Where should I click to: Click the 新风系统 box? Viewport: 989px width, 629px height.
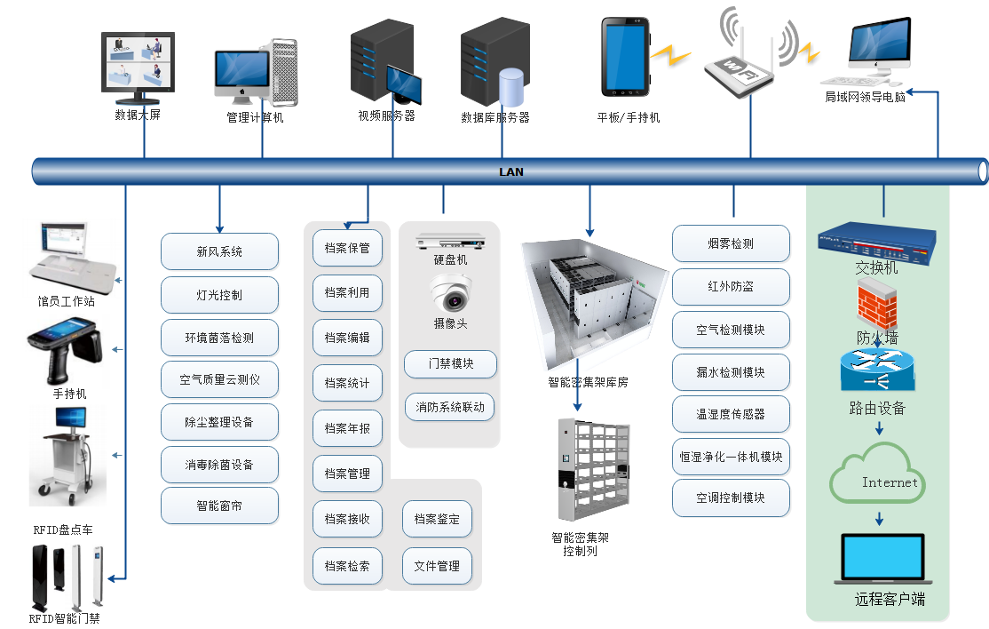coord(219,251)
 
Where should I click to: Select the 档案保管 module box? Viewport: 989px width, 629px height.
coord(347,247)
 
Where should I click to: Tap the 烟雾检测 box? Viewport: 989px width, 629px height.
coord(731,243)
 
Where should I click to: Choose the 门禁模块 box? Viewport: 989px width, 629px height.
coord(450,363)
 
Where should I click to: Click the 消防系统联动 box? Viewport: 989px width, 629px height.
coord(450,408)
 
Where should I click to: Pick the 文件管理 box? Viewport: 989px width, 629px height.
coord(437,566)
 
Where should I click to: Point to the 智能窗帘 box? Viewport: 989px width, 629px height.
coord(219,506)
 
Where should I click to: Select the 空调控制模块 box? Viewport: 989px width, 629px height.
coord(731,498)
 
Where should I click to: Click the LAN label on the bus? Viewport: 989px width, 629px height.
coord(511,171)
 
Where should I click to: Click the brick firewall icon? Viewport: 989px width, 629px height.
coord(876,306)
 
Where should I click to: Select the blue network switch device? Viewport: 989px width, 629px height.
coord(876,241)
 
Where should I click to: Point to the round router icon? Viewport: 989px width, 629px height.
coord(876,370)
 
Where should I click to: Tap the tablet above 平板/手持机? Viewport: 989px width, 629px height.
coord(626,57)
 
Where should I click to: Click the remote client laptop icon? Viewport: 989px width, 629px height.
coord(882,559)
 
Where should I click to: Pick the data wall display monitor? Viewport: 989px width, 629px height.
coord(138,64)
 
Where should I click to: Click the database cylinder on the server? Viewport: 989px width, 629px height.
coord(511,86)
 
